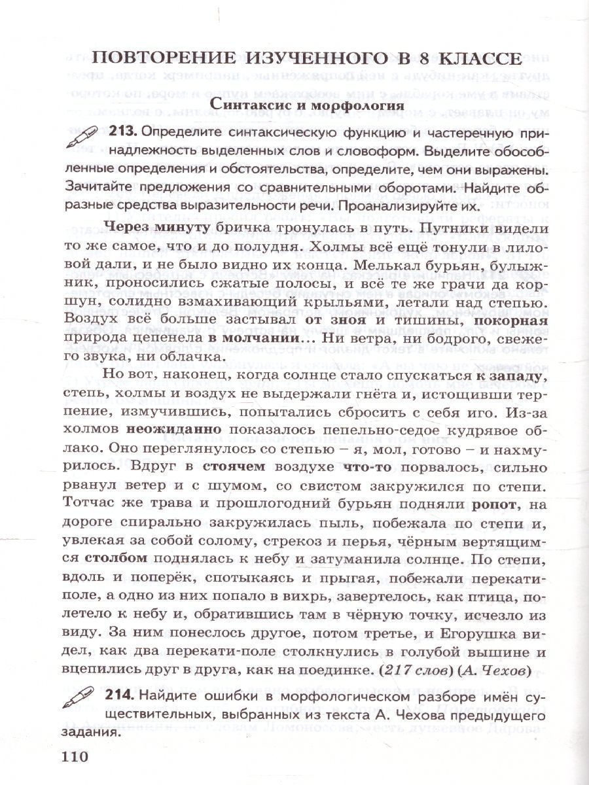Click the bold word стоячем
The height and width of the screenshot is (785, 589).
[x=234, y=468]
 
